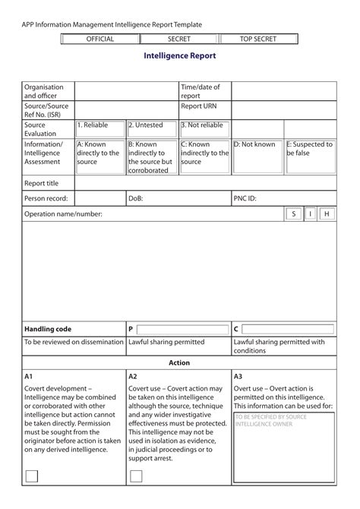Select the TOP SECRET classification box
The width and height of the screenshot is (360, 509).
point(257,39)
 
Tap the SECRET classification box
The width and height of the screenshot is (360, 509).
point(178,39)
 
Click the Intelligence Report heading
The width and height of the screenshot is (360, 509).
point(179,56)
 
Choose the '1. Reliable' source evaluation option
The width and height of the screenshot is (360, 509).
point(99,126)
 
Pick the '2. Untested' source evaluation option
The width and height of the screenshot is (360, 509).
point(151,126)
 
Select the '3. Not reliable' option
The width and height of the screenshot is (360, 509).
point(204,126)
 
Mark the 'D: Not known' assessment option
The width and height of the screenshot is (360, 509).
point(257,144)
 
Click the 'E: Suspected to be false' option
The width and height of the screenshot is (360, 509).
point(310,149)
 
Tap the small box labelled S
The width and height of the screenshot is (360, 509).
point(292,214)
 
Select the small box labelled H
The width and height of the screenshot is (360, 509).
point(327,214)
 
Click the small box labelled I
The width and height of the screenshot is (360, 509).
point(310,214)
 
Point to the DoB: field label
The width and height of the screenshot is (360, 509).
point(136,198)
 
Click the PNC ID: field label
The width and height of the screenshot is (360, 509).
point(245,198)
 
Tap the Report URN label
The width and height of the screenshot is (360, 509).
point(200,106)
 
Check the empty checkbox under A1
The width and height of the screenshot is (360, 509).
point(32,476)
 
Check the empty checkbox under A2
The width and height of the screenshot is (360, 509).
point(136,476)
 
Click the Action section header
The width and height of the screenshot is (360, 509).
point(179,363)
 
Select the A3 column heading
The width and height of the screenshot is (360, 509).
point(238,376)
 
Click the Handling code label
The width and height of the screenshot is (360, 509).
point(48,329)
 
